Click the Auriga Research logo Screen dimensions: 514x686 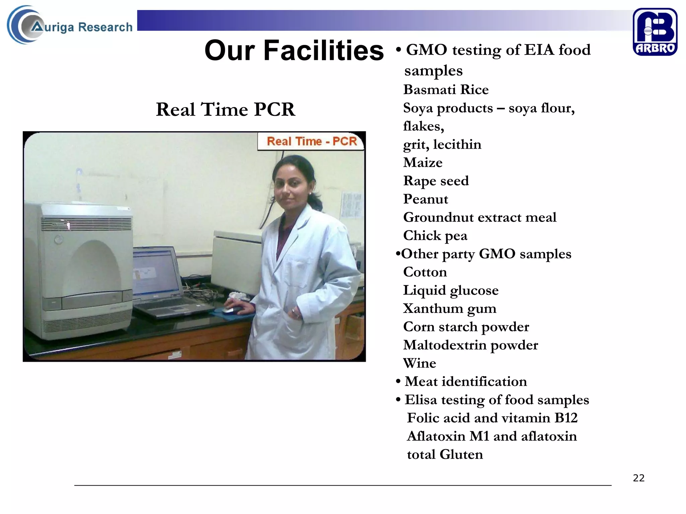pyautogui.click(x=70, y=25)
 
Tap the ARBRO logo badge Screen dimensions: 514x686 pyautogui.click(x=655, y=32)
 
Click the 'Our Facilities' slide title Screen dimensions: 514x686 pyautogui.click(x=294, y=51)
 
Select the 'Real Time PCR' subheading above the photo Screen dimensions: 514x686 pyautogui.click(x=225, y=109)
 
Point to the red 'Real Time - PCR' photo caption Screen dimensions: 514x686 pyautogui.click(x=312, y=142)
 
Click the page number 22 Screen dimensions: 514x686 pyautogui.click(x=638, y=478)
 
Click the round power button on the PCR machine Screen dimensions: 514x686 pyautogui.click(x=59, y=240)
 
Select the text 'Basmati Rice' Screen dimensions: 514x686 pyautogui.click(x=445, y=90)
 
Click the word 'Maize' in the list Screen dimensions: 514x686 pyautogui.click(x=423, y=163)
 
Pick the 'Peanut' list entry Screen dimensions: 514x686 pyautogui.click(x=425, y=199)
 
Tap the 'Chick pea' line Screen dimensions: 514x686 pyautogui.click(x=435, y=236)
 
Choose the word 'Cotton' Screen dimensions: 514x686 pyautogui.click(x=425, y=272)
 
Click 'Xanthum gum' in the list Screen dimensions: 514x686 pyautogui.click(x=450, y=309)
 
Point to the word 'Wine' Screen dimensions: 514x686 pyautogui.click(x=419, y=363)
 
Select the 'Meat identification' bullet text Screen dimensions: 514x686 pyautogui.click(x=466, y=381)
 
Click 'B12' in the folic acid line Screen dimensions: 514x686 pyautogui.click(x=566, y=418)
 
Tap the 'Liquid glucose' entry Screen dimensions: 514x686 pyautogui.click(x=451, y=290)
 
